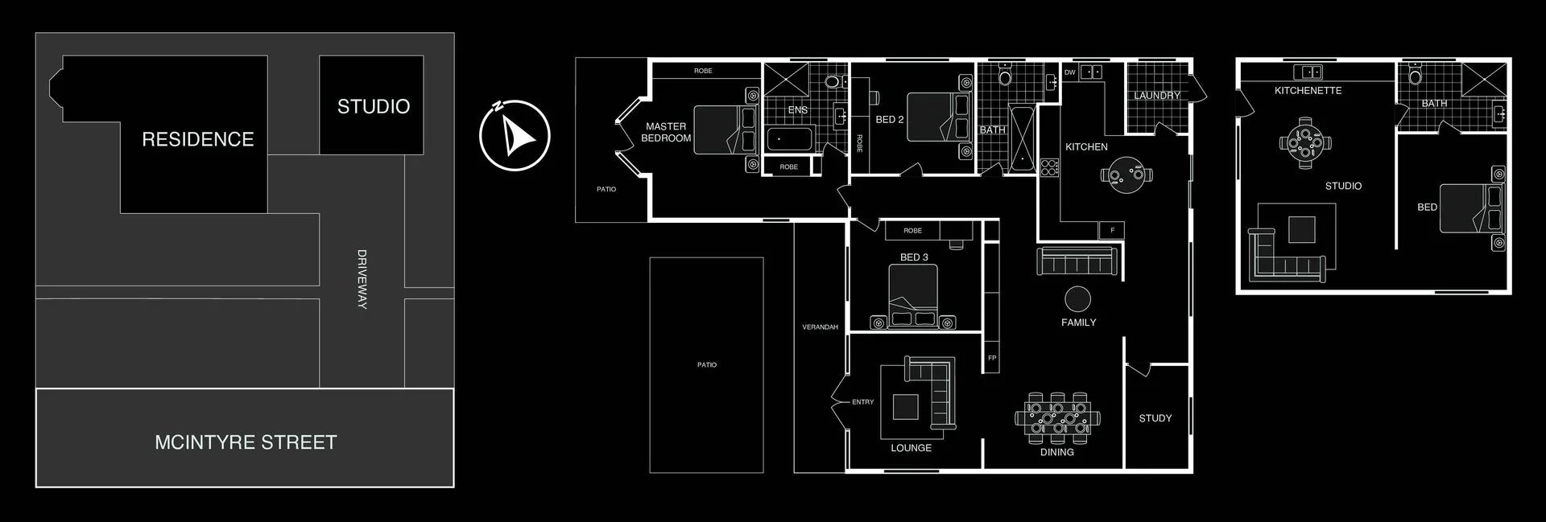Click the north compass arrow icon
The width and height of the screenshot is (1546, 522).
coord(515,135)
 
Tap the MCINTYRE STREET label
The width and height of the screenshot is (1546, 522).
coord(246,442)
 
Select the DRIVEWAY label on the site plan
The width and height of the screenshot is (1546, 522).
coord(362,279)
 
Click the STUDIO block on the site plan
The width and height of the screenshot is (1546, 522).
coord(372,105)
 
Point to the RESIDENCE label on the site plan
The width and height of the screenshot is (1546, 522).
coord(197,139)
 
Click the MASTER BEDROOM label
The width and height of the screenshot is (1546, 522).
coord(666,133)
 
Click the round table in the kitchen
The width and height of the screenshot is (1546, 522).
coord(1126,175)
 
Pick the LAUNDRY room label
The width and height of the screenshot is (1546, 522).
coord(1156,96)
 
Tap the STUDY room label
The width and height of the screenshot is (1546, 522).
coord(1155,418)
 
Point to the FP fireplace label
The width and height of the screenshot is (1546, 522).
coord(992,358)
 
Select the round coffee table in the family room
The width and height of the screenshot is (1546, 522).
coord(1077,299)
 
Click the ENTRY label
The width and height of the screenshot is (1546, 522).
coord(862,402)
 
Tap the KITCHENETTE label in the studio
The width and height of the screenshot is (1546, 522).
coord(1308,91)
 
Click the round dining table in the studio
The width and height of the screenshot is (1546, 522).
coord(1304,143)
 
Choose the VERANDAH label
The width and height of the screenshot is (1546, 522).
coord(820,327)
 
